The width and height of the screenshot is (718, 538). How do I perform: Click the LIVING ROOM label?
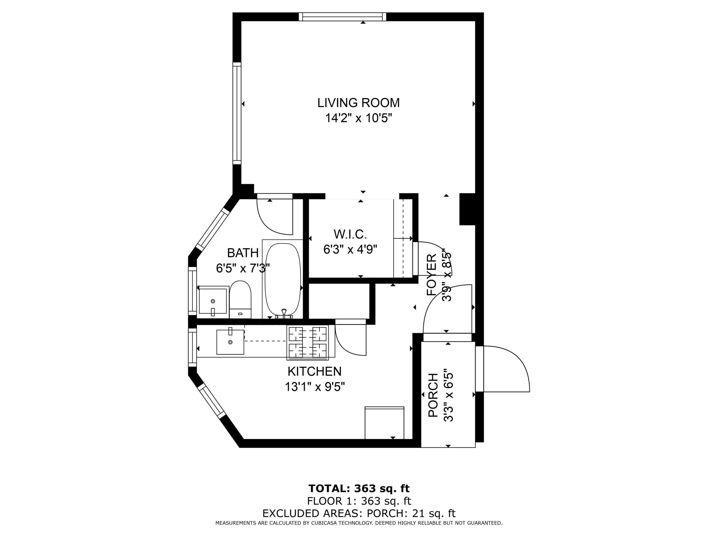[358, 103]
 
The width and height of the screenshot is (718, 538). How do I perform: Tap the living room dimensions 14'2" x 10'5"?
[359, 118]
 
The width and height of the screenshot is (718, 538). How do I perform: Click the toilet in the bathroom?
[240, 299]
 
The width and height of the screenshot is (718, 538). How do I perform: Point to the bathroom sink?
[213, 301]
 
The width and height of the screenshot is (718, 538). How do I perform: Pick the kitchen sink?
[230, 342]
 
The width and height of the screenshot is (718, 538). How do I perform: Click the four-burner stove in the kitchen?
[307, 342]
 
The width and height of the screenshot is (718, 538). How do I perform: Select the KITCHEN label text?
[314, 371]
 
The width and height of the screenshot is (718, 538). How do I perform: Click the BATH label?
[243, 253]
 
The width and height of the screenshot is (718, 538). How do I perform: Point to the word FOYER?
[431, 275]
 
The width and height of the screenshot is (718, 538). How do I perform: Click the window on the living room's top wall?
[342, 17]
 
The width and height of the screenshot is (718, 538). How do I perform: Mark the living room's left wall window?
[237, 113]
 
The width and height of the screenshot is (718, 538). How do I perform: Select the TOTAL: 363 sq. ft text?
[359, 488]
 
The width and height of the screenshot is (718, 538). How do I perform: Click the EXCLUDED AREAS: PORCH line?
[359, 513]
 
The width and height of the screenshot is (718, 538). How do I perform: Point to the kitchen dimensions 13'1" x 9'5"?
[315, 387]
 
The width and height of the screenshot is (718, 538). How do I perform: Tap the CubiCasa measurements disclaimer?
[359, 523]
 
